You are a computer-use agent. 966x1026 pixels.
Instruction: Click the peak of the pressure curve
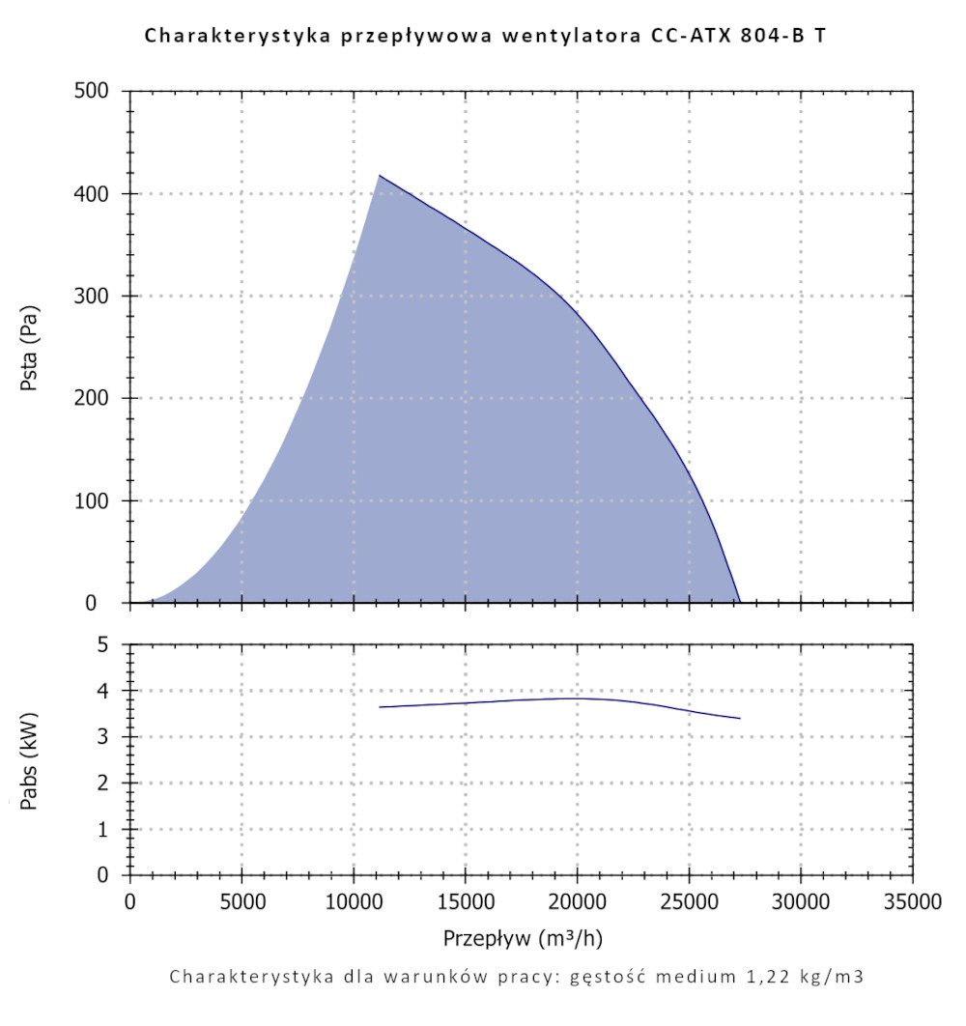point(379,175)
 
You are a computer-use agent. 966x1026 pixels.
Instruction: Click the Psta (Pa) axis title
point(28,346)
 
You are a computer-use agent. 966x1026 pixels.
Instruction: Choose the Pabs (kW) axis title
point(28,760)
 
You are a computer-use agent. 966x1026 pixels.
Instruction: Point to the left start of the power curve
point(380,707)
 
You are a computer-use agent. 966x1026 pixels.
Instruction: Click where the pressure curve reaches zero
point(740,602)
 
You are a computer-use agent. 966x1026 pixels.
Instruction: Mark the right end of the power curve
point(740,718)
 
